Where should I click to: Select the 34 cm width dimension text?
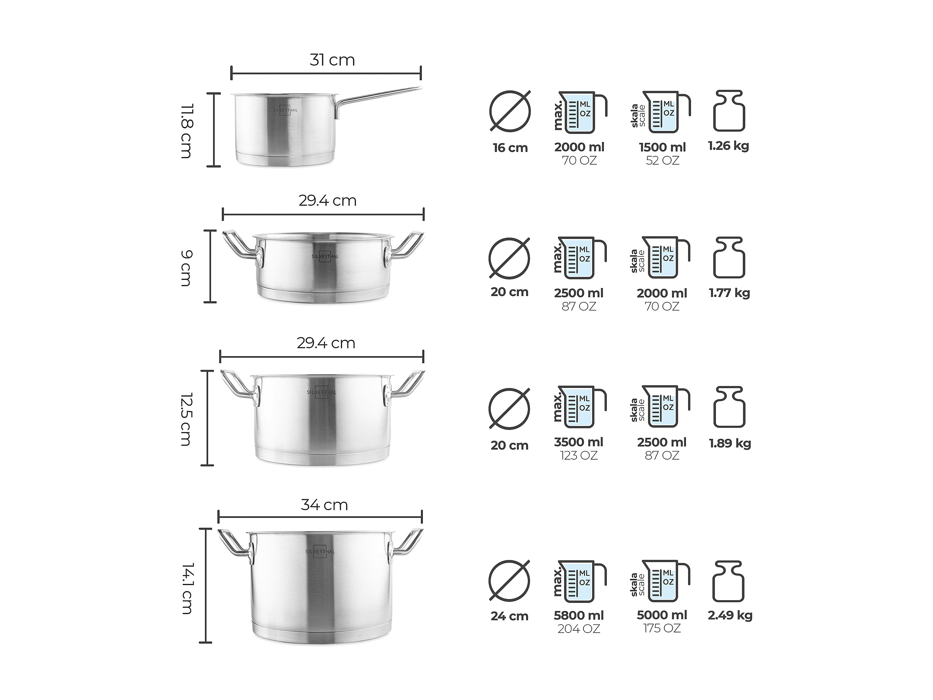click(x=324, y=505)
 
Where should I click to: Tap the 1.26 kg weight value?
click(x=728, y=146)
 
